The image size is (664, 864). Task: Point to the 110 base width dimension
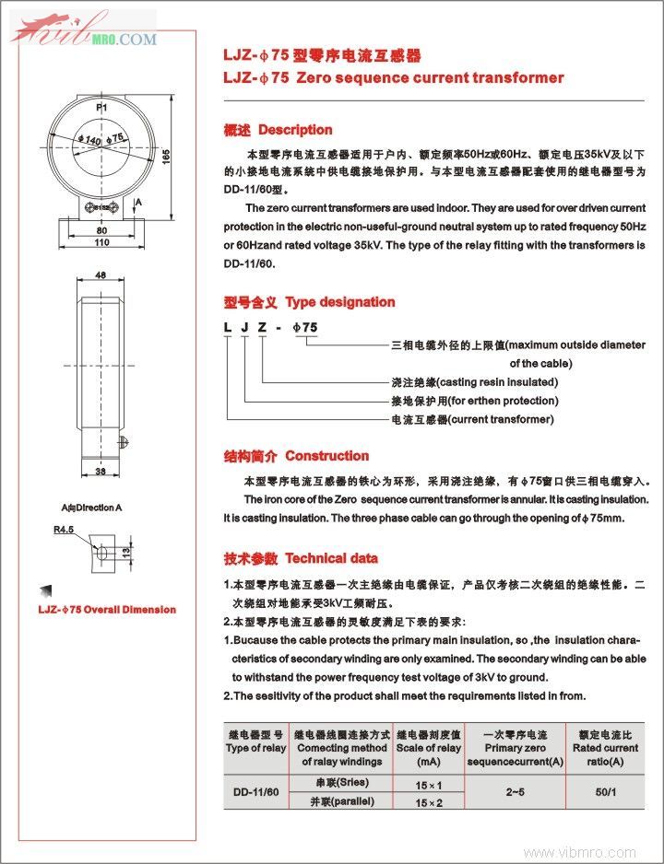(101, 242)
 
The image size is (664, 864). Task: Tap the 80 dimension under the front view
(101, 229)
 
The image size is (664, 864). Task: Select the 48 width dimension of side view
(101, 274)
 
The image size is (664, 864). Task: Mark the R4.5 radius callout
(64, 530)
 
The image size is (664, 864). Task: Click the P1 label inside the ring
(101, 108)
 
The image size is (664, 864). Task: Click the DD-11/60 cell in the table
(255, 791)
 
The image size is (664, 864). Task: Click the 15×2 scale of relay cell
(429, 802)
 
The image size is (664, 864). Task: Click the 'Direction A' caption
(91, 508)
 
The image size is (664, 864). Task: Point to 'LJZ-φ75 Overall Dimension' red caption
(106, 609)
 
